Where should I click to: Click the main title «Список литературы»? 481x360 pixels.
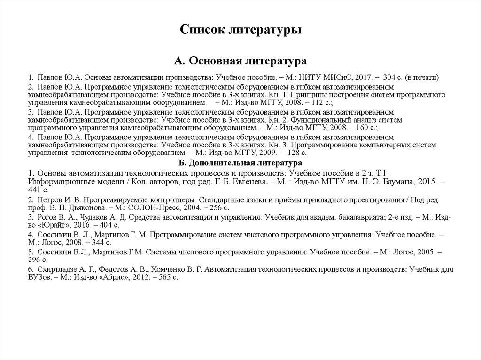point(240,31)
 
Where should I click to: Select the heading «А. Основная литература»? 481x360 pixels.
point(240,61)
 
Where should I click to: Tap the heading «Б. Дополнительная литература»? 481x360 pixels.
point(240,163)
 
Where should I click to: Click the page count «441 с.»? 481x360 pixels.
point(39,190)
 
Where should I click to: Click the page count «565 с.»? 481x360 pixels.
point(166,278)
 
